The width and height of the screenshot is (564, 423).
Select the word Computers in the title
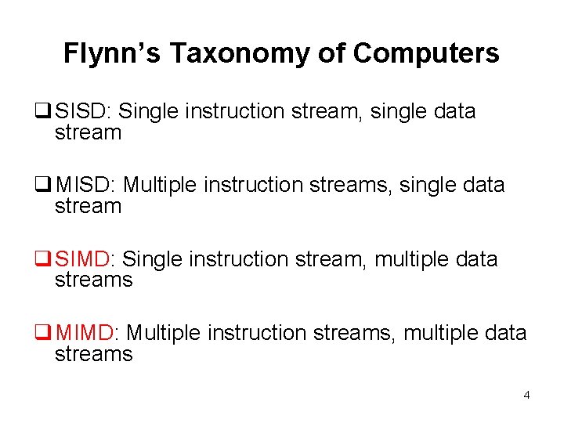pos(425,53)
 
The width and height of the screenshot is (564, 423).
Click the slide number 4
pos(526,395)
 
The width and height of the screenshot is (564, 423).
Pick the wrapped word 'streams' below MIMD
pos(93,355)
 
